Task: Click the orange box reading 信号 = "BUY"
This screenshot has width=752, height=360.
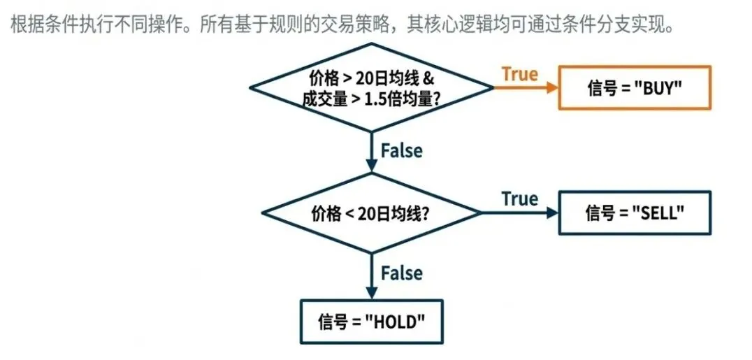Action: tap(635, 87)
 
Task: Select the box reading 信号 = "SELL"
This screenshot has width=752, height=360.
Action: tap(635, 213)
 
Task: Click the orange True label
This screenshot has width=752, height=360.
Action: tap(520, 74)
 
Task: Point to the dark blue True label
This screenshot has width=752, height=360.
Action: tap(519, 199)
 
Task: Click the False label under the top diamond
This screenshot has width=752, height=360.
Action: tap(401, 150)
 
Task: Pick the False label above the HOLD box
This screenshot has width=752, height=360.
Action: tap(401, 273)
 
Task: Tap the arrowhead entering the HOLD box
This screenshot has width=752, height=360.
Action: tap(371, 294)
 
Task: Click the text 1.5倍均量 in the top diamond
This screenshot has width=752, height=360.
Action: tap(398, 99)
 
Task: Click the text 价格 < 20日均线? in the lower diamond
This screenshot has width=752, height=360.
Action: tap(370, 213)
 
